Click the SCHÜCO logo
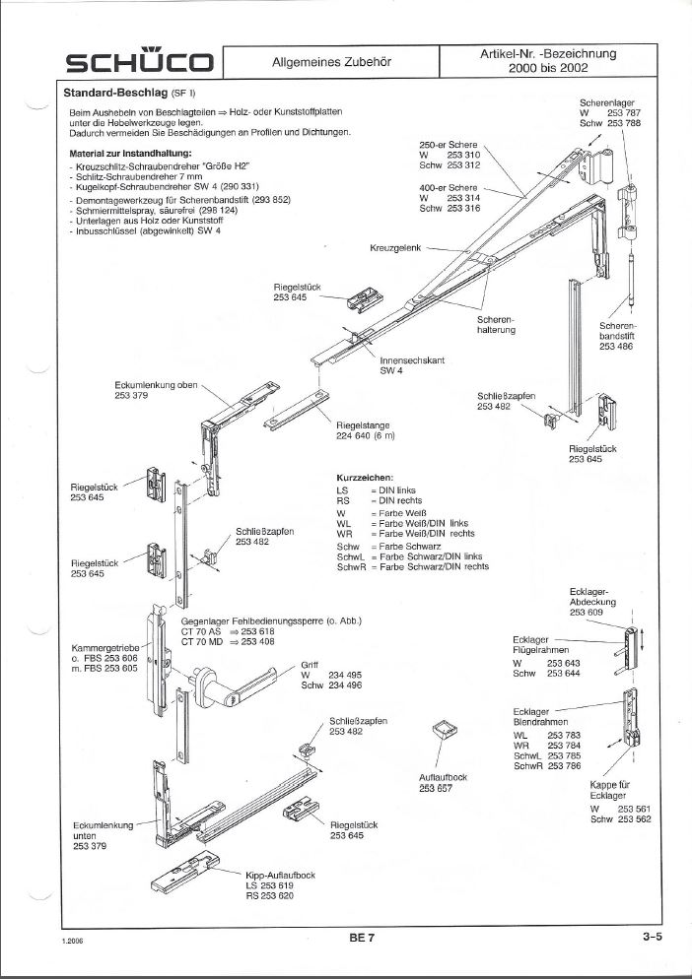click(x=139, y=64)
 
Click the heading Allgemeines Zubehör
click(x=332, y=62)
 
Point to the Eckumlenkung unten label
click(x=102, y=834)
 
